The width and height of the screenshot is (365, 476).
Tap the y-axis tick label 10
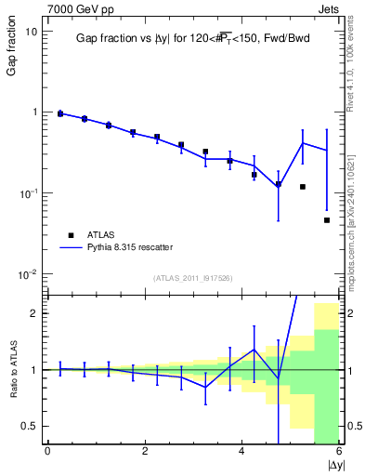pyautogui.click(x=31, y=31)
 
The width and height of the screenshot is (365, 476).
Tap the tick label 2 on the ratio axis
pyautogui.click(x=33, y=313)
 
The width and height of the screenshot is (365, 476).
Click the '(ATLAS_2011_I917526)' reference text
pyautogui.click(x=192, y=278)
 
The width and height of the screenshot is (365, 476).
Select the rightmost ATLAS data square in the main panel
pyautogui.click(x=327, y=220)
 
